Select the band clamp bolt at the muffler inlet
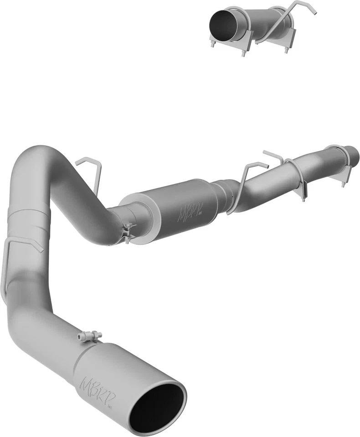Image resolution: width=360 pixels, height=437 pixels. tap(129, 228)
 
